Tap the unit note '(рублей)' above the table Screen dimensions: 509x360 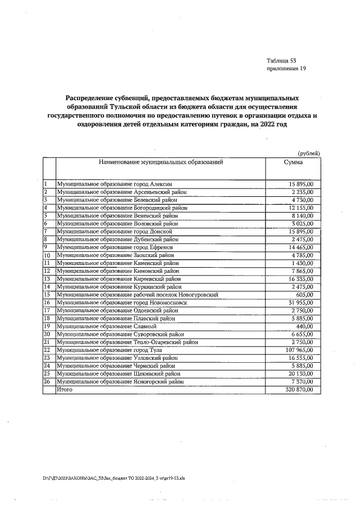[309, 153]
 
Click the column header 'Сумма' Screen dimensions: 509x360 [293, 162]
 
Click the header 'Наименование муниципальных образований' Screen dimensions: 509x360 [161, 162]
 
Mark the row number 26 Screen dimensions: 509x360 [47, 381]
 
